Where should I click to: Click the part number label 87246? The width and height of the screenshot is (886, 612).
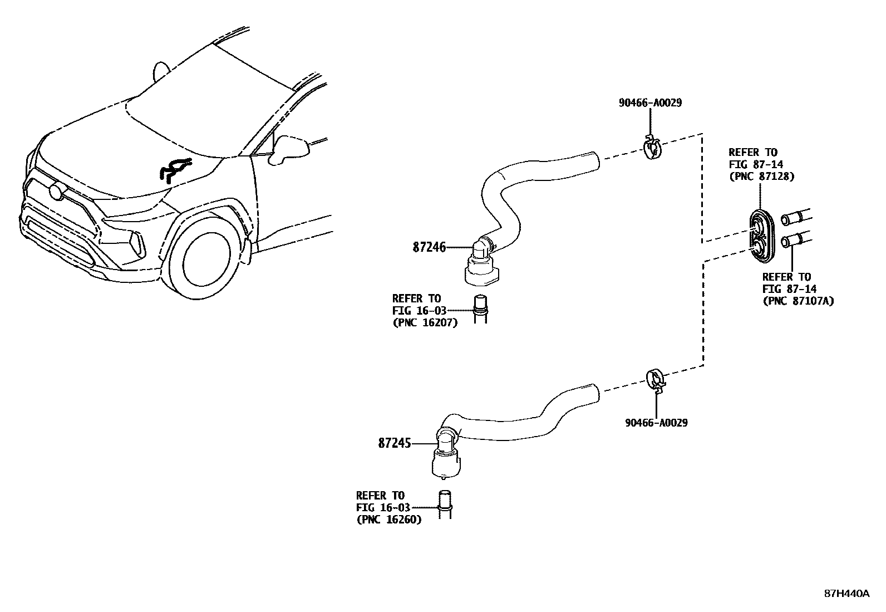(x=429, y=247)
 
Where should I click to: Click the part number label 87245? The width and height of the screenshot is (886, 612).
(x=394, y=443)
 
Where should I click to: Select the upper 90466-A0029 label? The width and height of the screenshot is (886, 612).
(x=650, y=103)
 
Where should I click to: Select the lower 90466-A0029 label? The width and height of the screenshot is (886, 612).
(x=656, y=423)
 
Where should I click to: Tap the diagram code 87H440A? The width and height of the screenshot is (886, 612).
(x=846, y=594)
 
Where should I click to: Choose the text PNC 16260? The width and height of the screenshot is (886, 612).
(x=388, y=520)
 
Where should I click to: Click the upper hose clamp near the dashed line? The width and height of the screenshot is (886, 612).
(x=652, y=148)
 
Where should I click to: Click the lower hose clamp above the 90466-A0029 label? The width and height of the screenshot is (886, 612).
(x=656, y=379)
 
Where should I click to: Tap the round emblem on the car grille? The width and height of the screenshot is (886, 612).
(x=57, y=191)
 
